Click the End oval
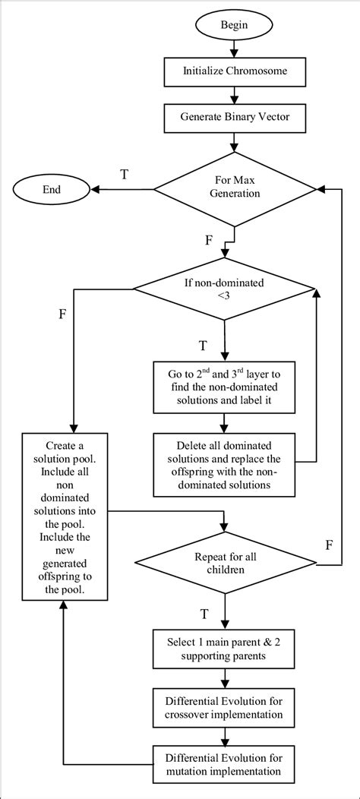[52, 189]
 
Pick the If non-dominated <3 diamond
[226, 289]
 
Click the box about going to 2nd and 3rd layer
[225, 386]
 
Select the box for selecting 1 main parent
[225, 641]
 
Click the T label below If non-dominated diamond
[204, 346]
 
